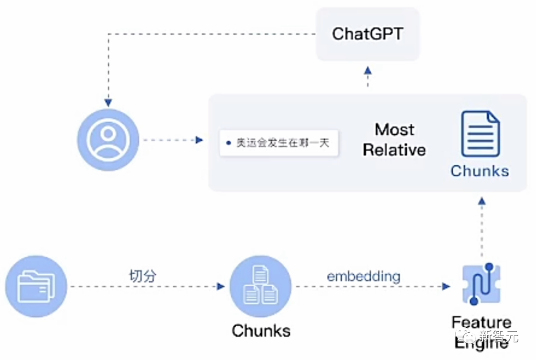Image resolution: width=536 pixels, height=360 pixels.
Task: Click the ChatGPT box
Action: point(368,34)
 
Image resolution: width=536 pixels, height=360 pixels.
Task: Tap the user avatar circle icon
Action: point(108,140)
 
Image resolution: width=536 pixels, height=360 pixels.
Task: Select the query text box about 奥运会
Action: point(279,143)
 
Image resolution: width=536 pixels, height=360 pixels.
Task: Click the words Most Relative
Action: point(395,140)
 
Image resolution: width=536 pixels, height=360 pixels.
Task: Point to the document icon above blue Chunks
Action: point(480,134)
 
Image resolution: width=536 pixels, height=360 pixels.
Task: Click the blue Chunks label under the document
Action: point(480,171)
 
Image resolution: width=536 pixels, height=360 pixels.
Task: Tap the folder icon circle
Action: point(36,287)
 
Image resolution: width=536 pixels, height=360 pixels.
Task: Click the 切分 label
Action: point(142,276)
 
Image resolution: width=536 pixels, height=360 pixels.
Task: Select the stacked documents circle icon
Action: point(260,287)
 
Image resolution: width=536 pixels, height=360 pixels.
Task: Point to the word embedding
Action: point(363,276)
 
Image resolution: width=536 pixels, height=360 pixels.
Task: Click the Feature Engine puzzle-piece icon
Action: point(480,285)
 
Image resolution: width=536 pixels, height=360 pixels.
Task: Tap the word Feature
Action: point(481,323)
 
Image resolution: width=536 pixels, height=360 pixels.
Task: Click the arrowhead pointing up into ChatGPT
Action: point(368,70)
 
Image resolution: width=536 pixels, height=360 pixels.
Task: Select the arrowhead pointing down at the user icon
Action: point(108,102)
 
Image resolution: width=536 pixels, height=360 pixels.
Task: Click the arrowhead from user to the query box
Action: point(200,140)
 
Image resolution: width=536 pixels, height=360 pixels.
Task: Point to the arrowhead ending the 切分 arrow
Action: point(221,287)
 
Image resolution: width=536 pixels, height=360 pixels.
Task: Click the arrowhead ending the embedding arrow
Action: point(446,287)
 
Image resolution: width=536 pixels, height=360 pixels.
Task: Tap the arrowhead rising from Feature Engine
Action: point(481,201)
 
